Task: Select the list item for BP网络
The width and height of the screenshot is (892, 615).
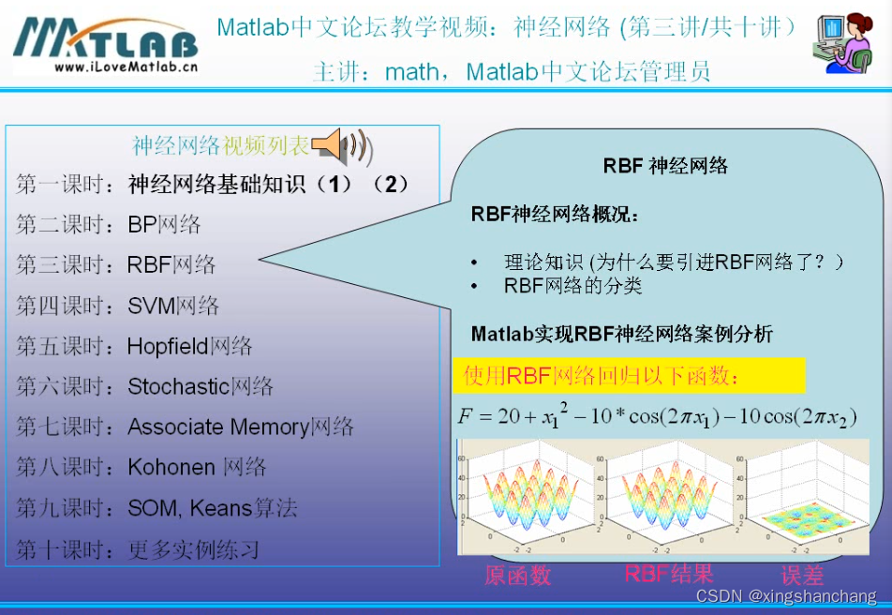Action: pyautogui.click(x=164, y=225)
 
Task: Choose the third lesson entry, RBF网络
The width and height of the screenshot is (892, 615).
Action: pyautogui.click(x=171, y=265)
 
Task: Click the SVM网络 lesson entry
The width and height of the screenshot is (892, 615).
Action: pyautogui.click(x=173, y=306)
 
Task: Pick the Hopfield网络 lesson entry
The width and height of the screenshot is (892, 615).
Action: pyautogui.click(x=189, y=346)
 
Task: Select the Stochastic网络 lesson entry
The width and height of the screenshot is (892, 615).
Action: pyautogui.click(x=201, y=386)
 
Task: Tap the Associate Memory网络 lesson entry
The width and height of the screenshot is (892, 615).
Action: pyautogui.click(x=241, y=427)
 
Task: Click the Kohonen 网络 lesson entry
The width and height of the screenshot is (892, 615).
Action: pyautogui.click(x=197, y=467)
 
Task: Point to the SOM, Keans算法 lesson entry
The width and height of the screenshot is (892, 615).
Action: pyautogui.click(x=213, y=508)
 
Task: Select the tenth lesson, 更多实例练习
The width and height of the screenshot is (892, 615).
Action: pyautogui.click(x=193, y=548)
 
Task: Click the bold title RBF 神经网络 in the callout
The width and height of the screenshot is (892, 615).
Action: pyautogui.click(x=665, y=166)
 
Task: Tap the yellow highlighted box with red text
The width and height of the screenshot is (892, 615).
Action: pyautogui.click(x=629, y=376)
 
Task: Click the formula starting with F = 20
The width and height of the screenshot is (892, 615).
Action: pyautogui.click(x=657, y=416)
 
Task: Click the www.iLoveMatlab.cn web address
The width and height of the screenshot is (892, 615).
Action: pyautogui.click(x=125, y=67)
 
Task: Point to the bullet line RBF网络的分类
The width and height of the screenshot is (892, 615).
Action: pyautogui.click(x=572, y=286)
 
